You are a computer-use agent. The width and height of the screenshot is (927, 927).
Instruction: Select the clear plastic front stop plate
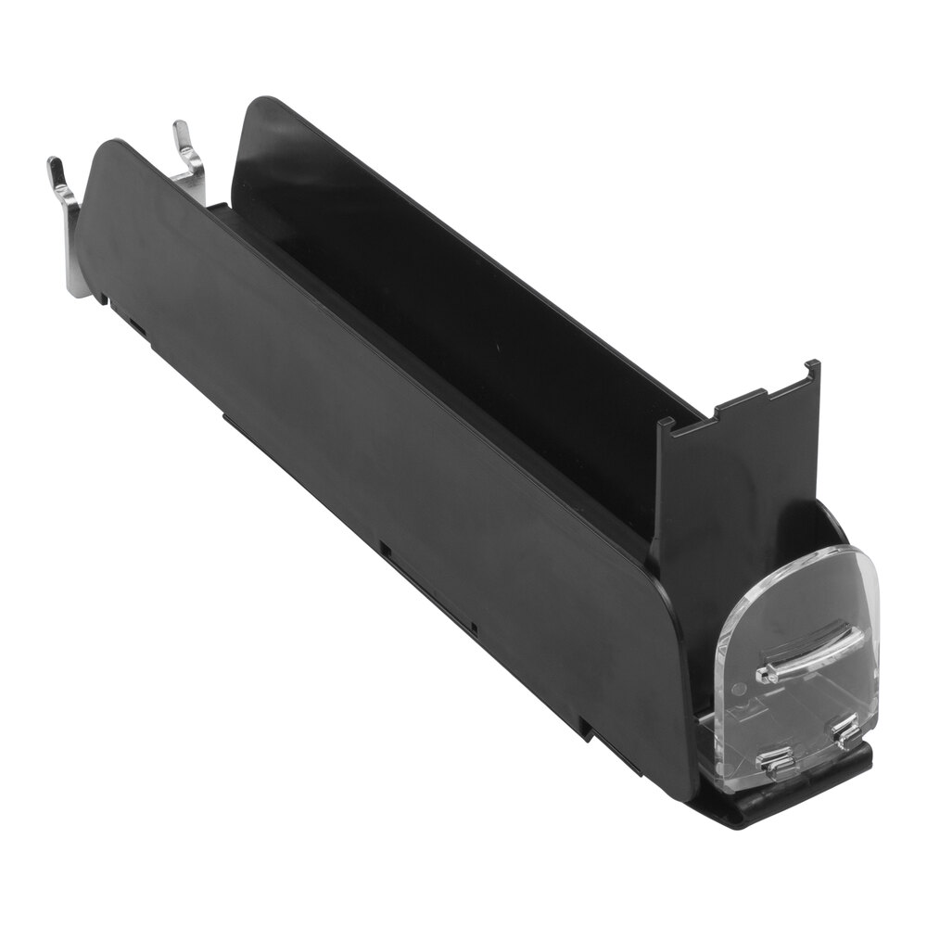coord(797,667)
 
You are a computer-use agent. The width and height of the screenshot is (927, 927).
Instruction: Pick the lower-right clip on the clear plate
coord(846,733)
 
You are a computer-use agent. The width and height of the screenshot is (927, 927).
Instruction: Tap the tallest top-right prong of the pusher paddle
coord(812,371)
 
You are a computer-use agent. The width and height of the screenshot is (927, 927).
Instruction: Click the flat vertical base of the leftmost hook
coord(77,260)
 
